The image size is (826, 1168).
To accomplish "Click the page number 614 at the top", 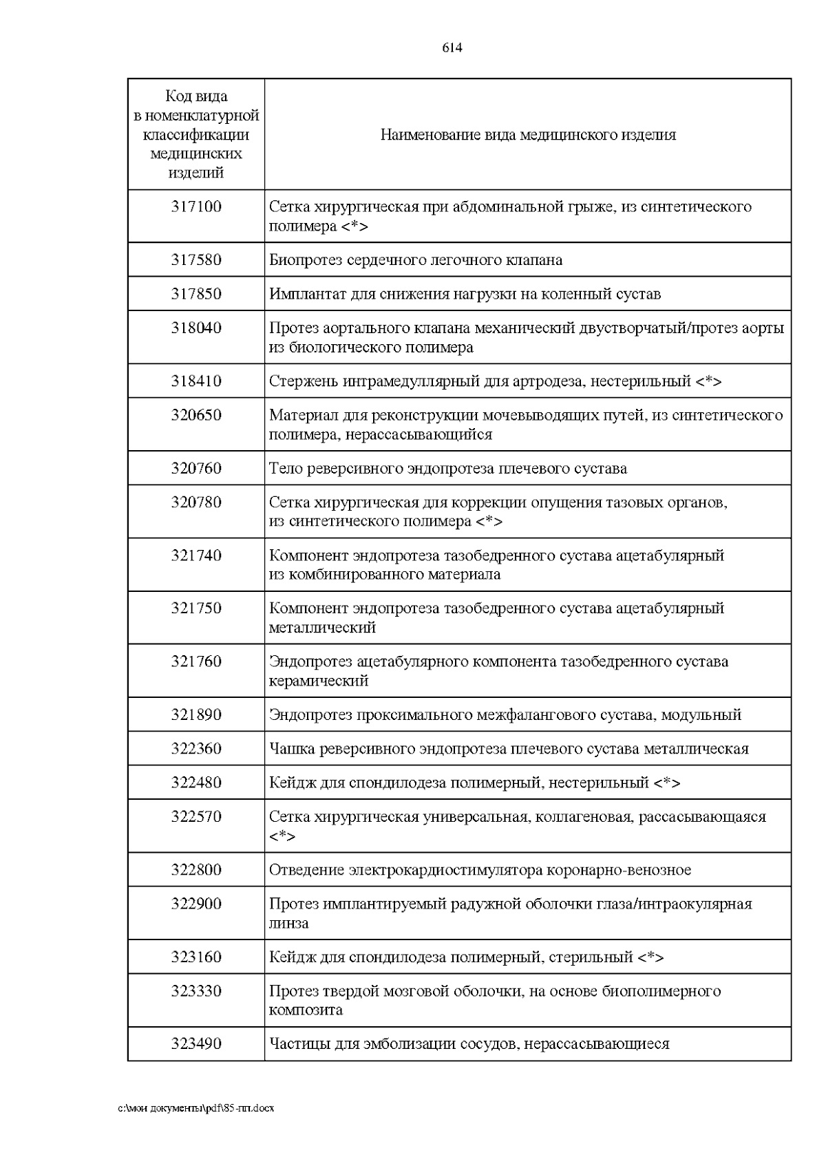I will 452,47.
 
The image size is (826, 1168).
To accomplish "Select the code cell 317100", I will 196,206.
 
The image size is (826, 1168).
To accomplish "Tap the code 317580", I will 196,260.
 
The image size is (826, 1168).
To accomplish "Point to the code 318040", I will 196,328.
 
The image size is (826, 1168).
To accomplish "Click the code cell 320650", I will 196,415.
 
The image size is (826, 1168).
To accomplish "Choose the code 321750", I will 196,608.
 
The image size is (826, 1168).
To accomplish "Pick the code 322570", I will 196,817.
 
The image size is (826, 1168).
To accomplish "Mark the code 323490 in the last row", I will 196,1044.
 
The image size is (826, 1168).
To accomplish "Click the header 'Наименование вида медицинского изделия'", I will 528,135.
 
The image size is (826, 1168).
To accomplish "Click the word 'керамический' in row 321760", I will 318,681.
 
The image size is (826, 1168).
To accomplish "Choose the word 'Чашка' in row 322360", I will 290,749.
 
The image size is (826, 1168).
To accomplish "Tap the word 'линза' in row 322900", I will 288,924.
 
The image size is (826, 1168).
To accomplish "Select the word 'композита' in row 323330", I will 306,1010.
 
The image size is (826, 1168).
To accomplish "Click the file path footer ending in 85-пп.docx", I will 196,1109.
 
